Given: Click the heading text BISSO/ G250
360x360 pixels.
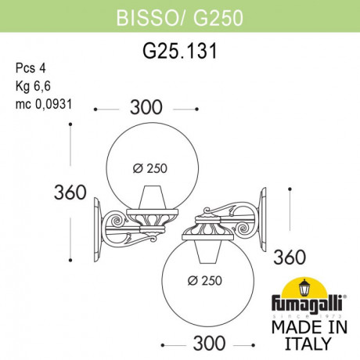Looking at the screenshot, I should click(x=179, y=17).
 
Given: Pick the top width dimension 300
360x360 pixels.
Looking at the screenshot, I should click(x=146, y=110).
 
